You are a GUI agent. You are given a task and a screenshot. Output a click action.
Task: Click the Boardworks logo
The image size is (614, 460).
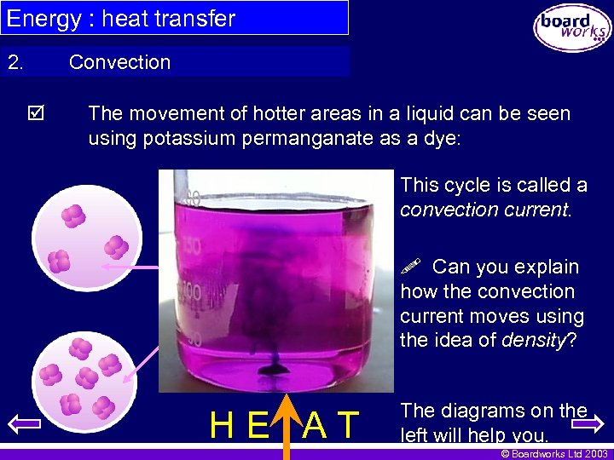tap(572, 28)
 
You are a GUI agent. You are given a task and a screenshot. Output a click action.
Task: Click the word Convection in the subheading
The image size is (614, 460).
tap(119, 62)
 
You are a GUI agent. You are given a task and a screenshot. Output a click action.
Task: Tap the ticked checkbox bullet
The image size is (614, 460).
tap(38, 113)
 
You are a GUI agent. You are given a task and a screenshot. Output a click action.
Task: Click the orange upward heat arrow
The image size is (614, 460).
tap(287, 426)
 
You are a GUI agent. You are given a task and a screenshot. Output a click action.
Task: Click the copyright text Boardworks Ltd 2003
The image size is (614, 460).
tap(555, 452)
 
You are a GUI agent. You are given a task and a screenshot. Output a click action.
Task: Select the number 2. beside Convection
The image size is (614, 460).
tap(16, 62)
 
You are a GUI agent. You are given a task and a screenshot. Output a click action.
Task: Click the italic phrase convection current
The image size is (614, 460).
tap(484, 210)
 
